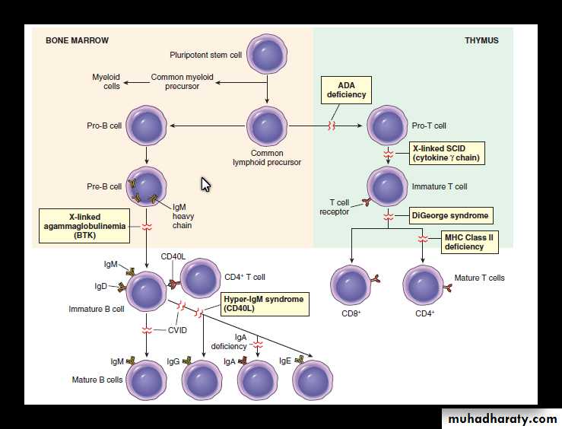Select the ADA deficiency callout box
(x=347, y=90)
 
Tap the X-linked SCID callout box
(x=447, y=153)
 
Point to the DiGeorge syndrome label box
(x=450, y=215)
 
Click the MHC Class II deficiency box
(x=469, y=242)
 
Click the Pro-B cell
(x=146, y=126)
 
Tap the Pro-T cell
(x=389, y=126)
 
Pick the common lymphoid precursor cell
(x=267, y=126)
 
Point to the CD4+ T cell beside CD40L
(x=201, y=278)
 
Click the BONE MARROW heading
(x=77, y=40)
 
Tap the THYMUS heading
(x=481, y=40)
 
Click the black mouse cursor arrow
(x=205, y=184)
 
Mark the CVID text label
(x=177, y=330)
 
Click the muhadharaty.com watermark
(x=501, y=418)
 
